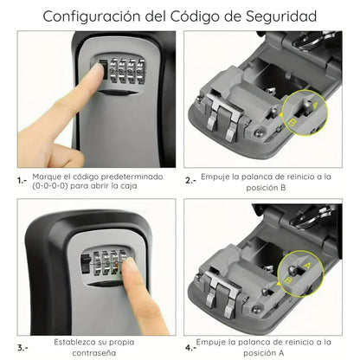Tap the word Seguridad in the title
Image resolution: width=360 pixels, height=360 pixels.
276,16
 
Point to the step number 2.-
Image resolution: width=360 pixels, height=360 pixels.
190,180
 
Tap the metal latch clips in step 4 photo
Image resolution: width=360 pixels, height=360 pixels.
222,290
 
